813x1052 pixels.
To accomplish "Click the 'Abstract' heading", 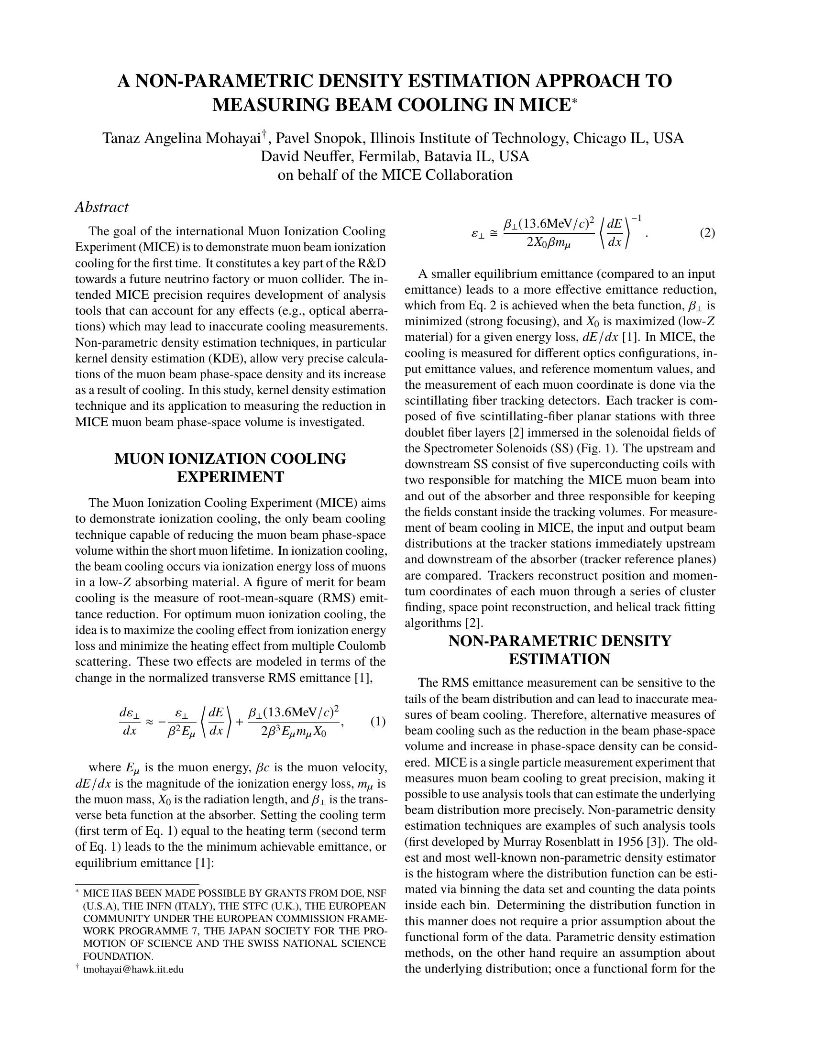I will coord(101,207).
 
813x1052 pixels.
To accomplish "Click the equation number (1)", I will coord(378,722).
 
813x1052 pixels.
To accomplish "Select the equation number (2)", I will coord(707,234).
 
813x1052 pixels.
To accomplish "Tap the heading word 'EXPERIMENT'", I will coord(230,477).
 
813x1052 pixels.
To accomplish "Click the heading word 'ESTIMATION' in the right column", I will coord(560,659).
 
